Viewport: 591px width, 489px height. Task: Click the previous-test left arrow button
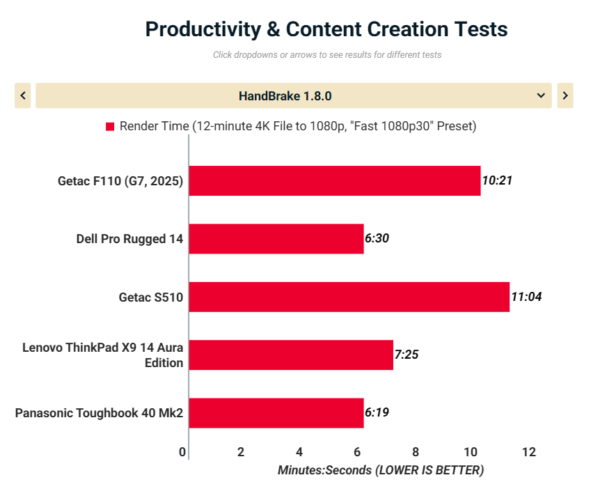(x=23, y=96)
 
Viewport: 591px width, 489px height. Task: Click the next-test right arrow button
(x=565, y=96)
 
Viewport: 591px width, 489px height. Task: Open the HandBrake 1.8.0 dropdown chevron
(x=541, y=96)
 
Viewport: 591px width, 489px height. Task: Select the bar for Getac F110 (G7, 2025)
(x=334, y=181)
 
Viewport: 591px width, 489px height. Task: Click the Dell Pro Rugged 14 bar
(x=276, y=239)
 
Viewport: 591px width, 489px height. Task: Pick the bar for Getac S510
(x=349, y=297)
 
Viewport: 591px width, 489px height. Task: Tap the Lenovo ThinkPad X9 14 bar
(x=290, y=355)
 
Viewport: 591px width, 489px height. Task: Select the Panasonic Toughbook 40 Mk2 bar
(x=276, y=413)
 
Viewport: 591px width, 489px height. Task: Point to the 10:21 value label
(x=497, y=180)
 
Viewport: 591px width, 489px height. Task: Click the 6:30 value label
(x=377, y=238)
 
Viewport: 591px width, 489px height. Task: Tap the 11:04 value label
(x=526, y=297)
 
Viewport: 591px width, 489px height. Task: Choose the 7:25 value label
(x=407, y=355)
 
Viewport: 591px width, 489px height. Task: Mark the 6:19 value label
(x=377, y=412)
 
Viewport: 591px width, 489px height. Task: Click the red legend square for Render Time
(x=110, y=127)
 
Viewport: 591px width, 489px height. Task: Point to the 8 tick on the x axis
(x=415, y=452)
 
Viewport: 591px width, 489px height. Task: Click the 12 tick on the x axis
(x=529, y=452)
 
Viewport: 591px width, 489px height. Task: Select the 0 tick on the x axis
(x=182, y=452)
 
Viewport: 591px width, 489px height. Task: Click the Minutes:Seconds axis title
(x=380, y=470)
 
